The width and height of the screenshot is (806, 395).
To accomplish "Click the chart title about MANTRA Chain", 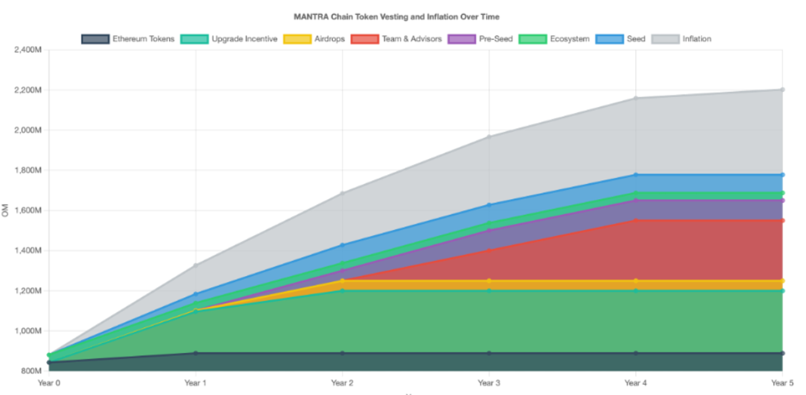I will (x=396, y=17).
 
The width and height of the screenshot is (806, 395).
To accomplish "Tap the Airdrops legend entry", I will (x=314, y=39).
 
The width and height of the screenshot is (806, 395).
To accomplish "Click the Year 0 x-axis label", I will (x=49, y=383).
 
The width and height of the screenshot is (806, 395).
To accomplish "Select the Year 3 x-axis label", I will (x=489, y=383).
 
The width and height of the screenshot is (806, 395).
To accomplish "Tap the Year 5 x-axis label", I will (x=782, y=383).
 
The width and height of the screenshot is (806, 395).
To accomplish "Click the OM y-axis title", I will (x=5, y=210).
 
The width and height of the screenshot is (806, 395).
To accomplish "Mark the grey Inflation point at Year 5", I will (x=782, y=89).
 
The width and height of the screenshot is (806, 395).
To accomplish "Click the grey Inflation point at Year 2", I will (x=342, y=193).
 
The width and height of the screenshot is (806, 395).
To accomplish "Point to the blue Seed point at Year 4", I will (x=636, y=175).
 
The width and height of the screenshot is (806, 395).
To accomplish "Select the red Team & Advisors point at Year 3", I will (x=489, y=250).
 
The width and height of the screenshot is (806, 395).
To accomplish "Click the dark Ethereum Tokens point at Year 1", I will (x=196, y=353).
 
